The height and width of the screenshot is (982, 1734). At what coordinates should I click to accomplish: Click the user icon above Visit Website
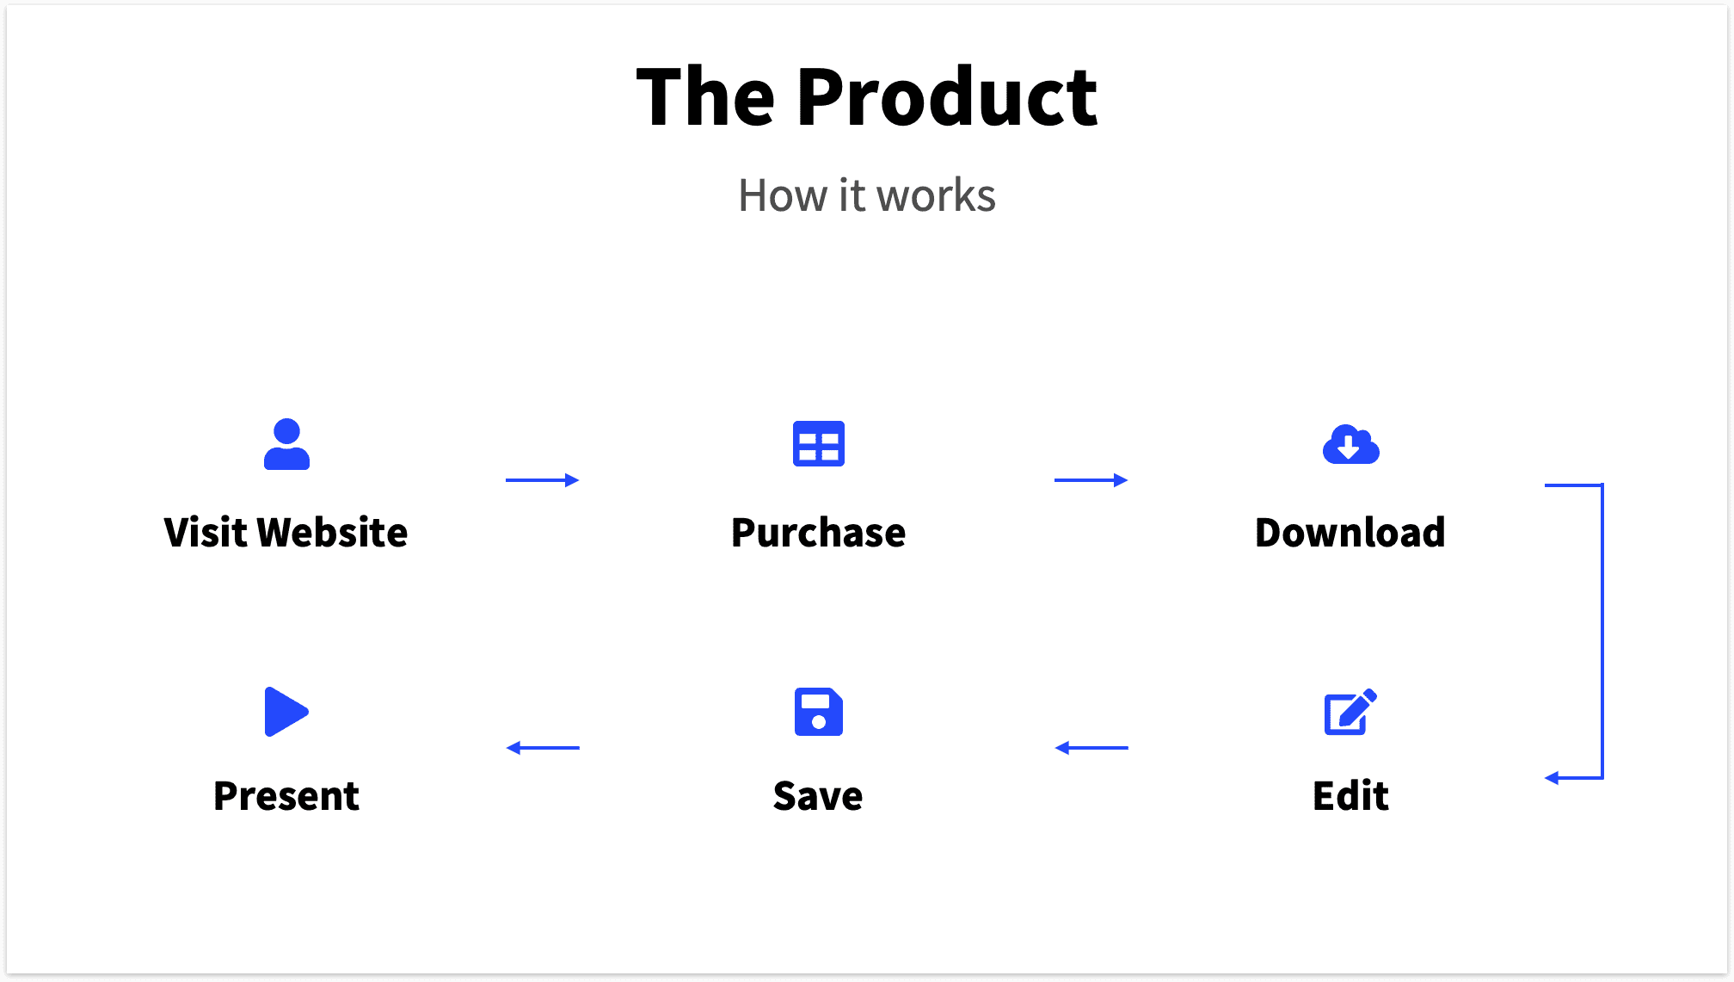(x=286, y=444)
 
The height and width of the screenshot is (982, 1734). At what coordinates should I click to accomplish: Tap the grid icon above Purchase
(x=818, y=444)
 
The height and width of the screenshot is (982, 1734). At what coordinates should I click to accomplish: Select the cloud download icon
(x=1350, y=445)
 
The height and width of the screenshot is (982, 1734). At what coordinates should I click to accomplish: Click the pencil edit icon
(x=1350, y=712)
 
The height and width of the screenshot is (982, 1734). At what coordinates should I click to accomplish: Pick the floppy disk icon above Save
(x=818, y=712)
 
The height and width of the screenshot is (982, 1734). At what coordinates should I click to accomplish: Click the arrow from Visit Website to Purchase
(x=542, y=480)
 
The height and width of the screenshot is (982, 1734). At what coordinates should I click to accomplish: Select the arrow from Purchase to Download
(x=1091, y=480)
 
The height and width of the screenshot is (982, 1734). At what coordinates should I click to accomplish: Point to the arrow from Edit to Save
(x=1091, y=748)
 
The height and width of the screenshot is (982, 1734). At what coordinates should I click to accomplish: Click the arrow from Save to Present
(x=542, y=748)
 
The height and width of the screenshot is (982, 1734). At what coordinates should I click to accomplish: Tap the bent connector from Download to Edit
(x=1602, y=631)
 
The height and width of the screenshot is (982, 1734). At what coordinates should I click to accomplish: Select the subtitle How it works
(x=867, y=195)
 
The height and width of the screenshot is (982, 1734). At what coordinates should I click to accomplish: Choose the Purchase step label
(x=818, y=533)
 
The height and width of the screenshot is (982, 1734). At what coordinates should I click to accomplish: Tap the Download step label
(x=1350, y=533)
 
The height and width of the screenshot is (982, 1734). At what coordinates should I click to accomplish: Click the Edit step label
(x=1350, y=796)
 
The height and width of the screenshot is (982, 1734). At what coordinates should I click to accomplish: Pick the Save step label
(x=818, y=796)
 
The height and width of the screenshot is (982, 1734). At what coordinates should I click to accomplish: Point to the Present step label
(x=286, y=796)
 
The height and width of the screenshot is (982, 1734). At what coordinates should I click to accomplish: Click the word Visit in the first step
(x=206, y=533)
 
